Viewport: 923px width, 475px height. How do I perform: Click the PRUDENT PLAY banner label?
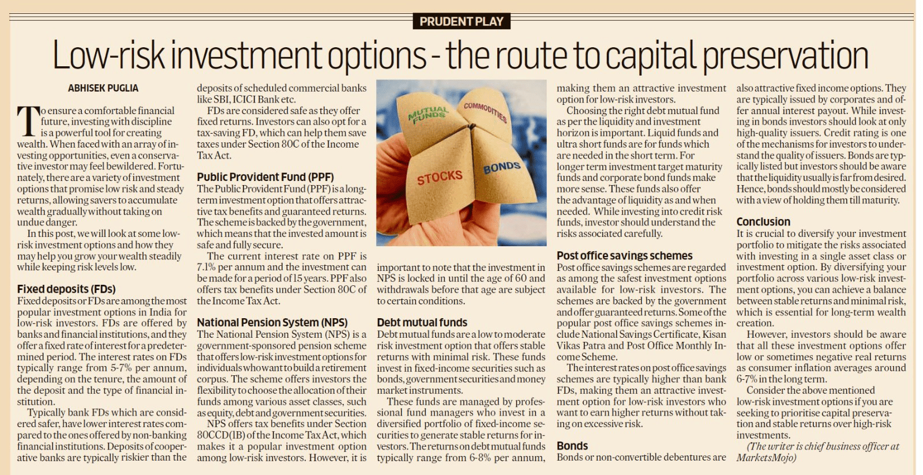461,22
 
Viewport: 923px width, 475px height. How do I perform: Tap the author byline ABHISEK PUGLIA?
103,88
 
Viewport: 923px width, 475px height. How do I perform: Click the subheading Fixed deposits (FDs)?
66,289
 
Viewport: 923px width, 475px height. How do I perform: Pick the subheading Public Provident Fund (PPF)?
265,177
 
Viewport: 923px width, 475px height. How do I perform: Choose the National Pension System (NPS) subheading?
272,322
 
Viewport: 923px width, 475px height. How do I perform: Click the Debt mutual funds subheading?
422,322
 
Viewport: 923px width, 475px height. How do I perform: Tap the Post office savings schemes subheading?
624,255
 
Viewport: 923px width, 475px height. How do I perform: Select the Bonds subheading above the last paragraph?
572,446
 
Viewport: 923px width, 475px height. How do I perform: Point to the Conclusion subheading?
763,222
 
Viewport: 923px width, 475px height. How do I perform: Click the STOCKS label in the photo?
440,177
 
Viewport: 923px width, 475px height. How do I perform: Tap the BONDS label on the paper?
502,168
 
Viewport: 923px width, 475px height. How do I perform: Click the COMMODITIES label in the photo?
485,112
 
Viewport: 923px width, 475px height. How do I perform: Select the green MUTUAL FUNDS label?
428,114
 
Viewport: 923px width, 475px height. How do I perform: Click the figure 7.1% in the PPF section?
206,267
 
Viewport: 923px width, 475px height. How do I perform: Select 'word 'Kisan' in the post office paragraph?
714,334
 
